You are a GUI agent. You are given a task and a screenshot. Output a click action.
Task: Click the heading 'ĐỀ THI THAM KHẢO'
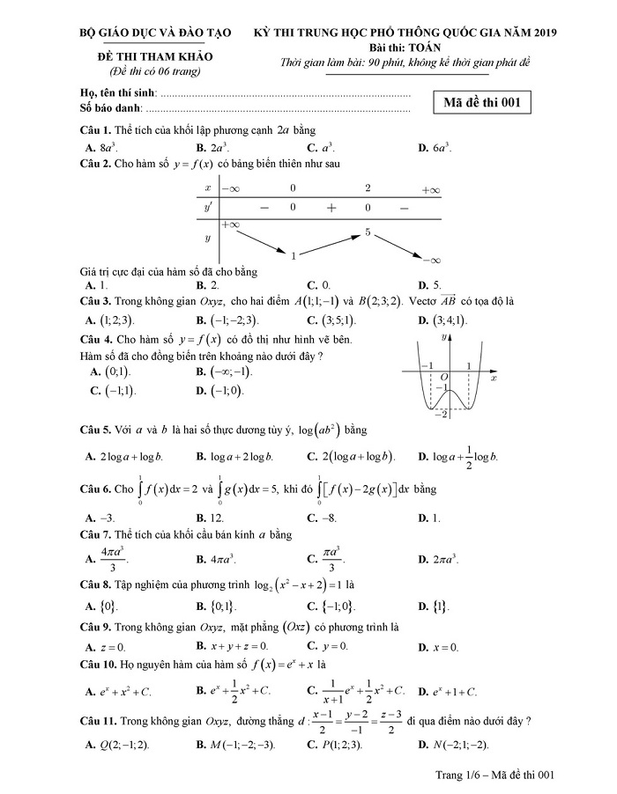point(154,55)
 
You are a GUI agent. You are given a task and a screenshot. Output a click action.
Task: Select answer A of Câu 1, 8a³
point(107,148)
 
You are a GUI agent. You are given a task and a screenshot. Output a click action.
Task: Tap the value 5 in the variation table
point(367,232)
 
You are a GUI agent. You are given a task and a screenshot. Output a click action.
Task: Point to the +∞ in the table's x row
point(430,188)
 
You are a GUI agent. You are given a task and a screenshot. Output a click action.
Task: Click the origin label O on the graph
point(444,377)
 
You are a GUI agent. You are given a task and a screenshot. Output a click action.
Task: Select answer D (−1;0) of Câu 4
point(221,391)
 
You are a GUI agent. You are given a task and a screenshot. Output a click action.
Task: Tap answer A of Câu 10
point(119,691)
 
